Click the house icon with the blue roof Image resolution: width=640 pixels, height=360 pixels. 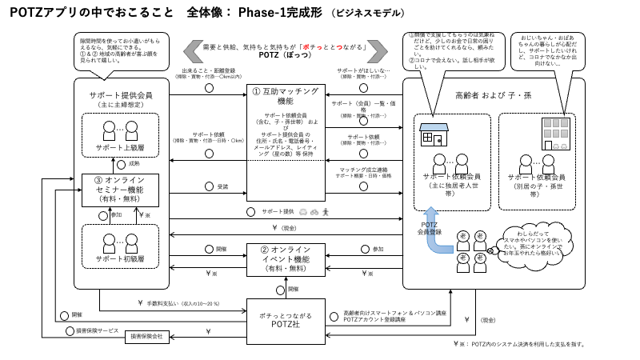pos(434,137)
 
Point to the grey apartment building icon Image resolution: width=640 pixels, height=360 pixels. pos(552,134)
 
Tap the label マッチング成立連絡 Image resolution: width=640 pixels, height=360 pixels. pos(364,170)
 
